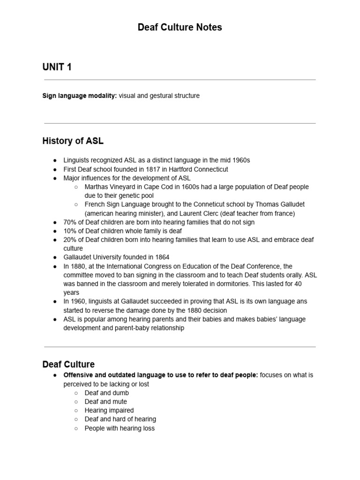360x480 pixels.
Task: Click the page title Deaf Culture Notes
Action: tap(180, 28)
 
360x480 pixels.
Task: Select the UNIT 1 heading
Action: tap(57, 67)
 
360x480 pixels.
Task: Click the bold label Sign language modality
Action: tap(79, 96)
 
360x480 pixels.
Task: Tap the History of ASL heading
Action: tap(73, 141)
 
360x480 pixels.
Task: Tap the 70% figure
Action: tap(70, 222)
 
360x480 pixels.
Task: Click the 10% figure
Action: tap(70, 231)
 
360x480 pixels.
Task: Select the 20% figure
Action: tap(70, 240)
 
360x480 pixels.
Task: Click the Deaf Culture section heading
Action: tap(68, 364)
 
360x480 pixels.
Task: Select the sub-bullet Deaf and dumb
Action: tap(106, 393)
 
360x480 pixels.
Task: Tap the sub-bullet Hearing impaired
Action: tap(109, 410)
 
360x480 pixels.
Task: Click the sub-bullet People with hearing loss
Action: tap(120, 428)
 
